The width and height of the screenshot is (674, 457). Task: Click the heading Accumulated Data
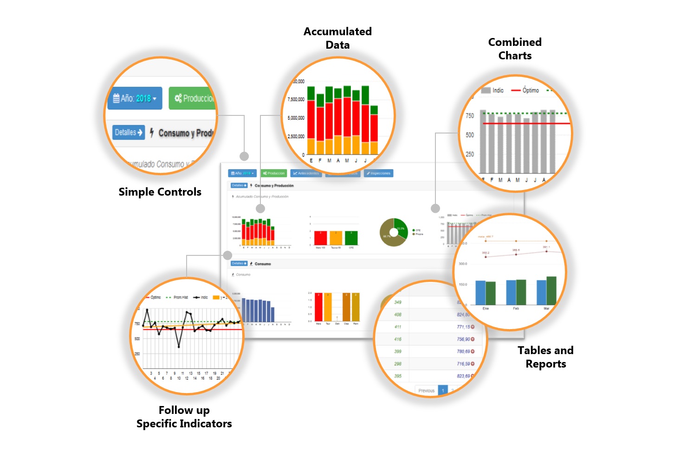coord(337,38)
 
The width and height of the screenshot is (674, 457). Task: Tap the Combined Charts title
coord(515,49)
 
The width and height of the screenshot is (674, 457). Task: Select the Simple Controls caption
coord(160,192)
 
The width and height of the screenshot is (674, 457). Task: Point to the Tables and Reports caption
coord(545,357)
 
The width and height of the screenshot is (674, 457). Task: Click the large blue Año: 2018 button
coord(135,98)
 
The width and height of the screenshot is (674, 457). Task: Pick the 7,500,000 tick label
coord(296,100)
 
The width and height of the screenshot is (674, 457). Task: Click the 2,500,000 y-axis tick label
coord(296,137)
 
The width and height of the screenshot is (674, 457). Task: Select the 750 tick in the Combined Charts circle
coord(470,116)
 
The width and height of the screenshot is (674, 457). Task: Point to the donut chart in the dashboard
coord(393,232)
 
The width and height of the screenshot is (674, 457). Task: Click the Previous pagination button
coord(426,391)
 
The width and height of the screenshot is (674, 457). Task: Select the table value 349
coord(398,302)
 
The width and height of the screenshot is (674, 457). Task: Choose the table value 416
coord(398,339)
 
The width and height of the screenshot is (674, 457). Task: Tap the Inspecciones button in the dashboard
coord(379,173)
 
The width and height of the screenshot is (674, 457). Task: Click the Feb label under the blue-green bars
coord(516,308)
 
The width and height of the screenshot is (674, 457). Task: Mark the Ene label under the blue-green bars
coord(486,308)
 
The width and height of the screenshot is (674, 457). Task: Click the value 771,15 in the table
coord(464,327)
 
